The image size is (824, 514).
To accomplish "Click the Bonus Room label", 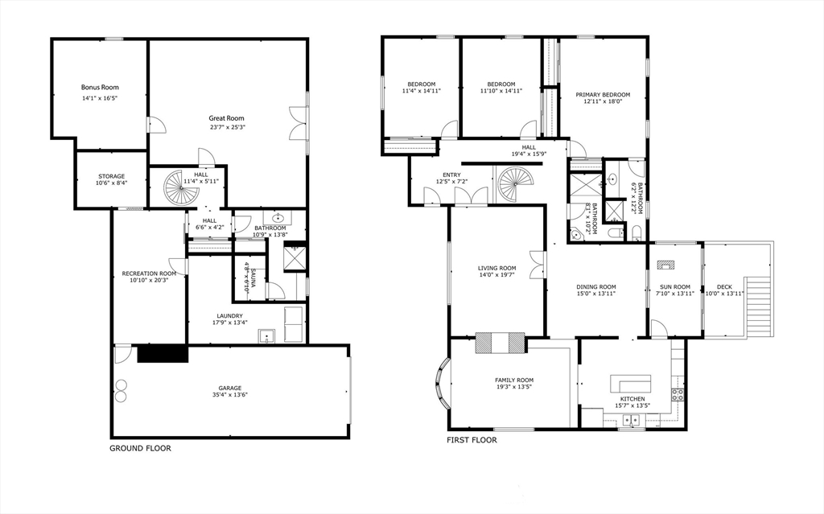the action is tap(100, 87).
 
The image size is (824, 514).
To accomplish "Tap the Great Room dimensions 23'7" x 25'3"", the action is tap(228, 126).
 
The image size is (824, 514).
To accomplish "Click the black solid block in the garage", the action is tap(163, 353).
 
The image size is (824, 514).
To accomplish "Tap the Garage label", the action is tap(230, 388).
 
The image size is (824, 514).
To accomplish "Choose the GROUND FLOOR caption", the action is tap(140, 448).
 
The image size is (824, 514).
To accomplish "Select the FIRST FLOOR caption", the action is tap(472, 440).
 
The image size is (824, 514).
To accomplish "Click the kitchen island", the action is tap(631, 383).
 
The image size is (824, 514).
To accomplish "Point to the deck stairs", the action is tap(758, 307).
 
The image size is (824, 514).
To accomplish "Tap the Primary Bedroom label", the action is tap(603, 95).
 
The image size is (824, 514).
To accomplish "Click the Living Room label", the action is tap(497, 268).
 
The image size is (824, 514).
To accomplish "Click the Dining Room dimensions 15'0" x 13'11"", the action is tap(596, 294).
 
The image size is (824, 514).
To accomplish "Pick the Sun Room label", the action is tap(675, 287).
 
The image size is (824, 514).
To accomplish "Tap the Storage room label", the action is tap(112, 177).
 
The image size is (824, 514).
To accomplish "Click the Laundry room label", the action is tap(230, 316).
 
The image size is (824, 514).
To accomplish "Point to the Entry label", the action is tap(452, 175).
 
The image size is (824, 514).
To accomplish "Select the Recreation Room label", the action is tap(149, 273).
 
